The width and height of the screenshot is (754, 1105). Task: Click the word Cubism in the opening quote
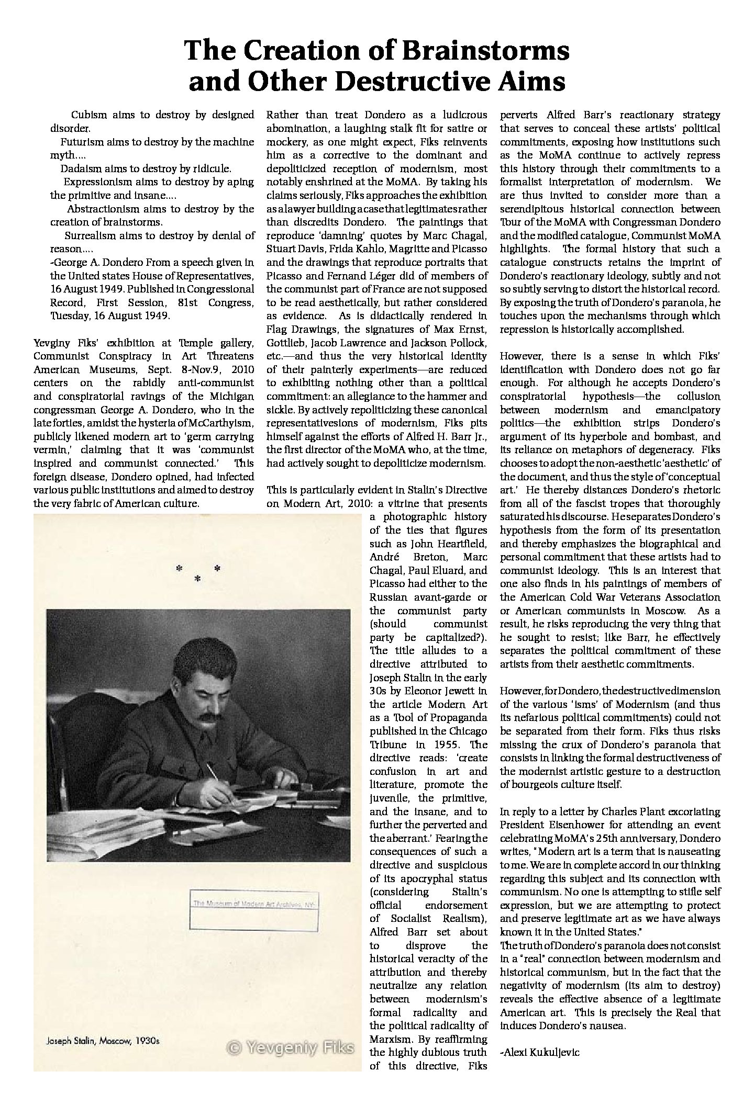point(87,115)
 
